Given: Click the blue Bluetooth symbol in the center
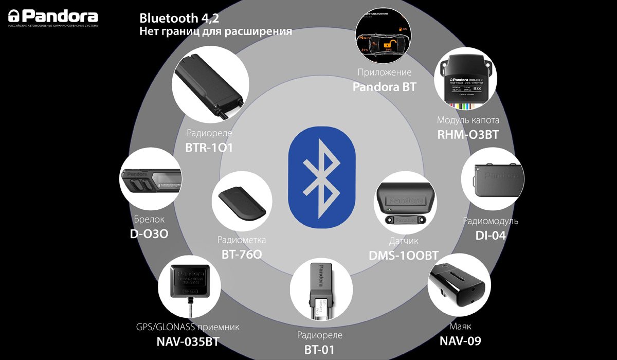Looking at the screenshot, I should coord(322,179).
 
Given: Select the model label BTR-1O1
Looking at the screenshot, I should coord(209,148).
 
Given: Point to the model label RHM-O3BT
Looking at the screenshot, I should coord(468,134).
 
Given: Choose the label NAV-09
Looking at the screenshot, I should coord(460,340).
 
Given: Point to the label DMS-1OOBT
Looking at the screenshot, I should coord(404,255).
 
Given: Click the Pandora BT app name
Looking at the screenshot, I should coord(384,87).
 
